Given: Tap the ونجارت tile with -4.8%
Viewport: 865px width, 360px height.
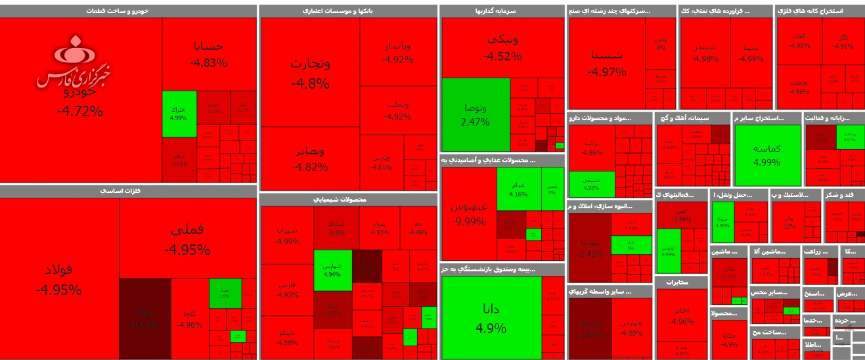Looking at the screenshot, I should coord(310,72).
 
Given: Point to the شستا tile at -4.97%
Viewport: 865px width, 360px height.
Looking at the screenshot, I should coord(606,62).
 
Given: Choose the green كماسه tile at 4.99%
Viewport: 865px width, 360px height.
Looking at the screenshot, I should coord(766,155).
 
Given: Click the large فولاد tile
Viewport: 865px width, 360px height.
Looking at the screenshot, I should coord(59,279).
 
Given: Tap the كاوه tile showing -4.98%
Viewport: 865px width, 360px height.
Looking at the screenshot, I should coord(190,319).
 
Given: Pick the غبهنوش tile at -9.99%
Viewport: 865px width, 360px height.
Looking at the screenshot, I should coord(469,213).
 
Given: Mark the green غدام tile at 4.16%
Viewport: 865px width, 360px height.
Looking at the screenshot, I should coord(518,189).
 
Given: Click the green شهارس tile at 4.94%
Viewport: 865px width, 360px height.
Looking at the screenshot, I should coord(332,270).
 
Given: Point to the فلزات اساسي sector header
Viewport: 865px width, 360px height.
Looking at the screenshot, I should coord(128,191).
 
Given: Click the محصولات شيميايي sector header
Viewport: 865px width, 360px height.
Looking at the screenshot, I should coord(348,200).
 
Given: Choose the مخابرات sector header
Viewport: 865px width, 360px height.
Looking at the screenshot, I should coord(681,282).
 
